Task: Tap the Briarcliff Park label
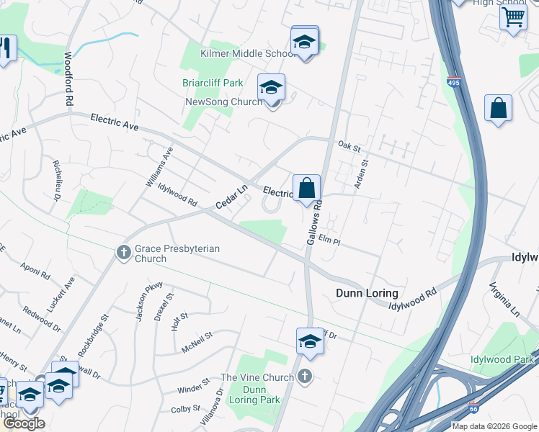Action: coord(213,84)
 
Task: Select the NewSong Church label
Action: coord(223,102)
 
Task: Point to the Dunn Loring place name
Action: coord(367,293)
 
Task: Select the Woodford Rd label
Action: coord(69,79)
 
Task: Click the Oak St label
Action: coord(349,145)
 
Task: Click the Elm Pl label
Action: coord(328,241)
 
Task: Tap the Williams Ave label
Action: coord(159,167)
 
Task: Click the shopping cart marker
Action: coord(513,17)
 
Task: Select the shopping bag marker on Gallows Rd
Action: coord(306,188)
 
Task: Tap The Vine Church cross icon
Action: coord(306,376)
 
